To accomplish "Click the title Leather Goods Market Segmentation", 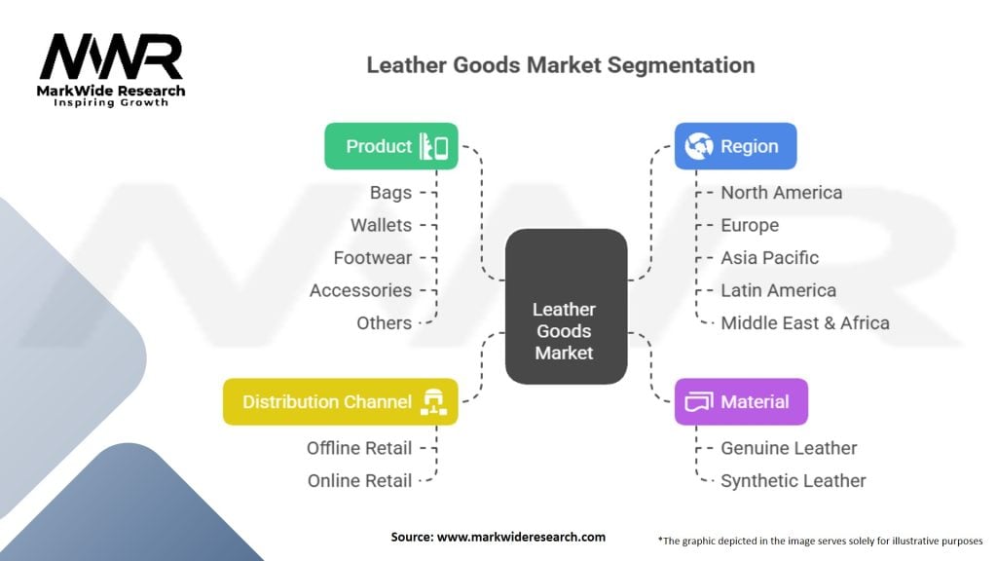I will (560, 65).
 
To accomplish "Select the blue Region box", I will (735, 146).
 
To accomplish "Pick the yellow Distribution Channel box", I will (340, 401).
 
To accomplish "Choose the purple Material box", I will (741, 401).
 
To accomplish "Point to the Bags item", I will (390, 193).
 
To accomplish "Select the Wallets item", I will (381, 225).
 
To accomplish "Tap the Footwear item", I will (372, 258).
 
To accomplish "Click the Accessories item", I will (360, 290).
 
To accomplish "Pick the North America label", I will (781, 193).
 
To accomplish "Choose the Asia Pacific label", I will (769, 258).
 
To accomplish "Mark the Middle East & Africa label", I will (804, 322).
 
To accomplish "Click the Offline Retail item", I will (359, 448).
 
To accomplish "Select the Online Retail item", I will (359, 480).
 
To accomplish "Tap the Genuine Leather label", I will (789, 448).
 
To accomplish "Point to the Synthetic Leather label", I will (793, 480).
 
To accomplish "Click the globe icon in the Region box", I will (698, 146).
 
